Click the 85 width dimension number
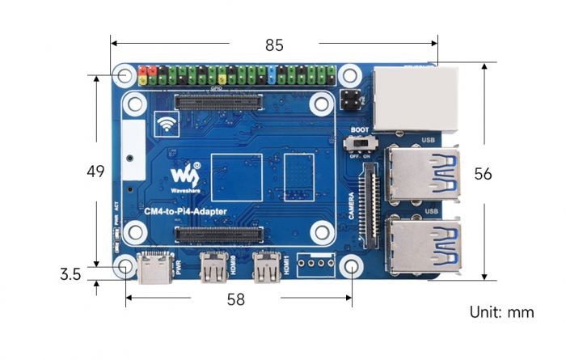pos(275,44)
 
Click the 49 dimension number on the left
pos(97,172)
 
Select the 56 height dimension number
pos(506,173)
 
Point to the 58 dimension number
pos(235,299)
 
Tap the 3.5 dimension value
pos(70,275)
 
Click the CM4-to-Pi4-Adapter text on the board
pos(185,212)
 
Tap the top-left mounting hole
pos(125,76)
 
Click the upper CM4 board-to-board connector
pos(219,102)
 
